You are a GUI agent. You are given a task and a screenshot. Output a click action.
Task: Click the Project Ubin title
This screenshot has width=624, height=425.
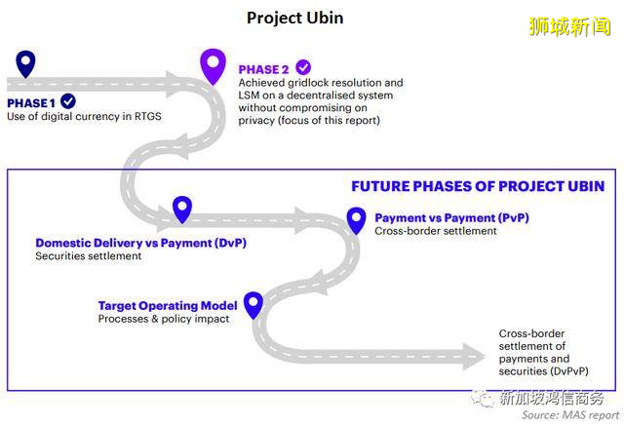tap(294, 18)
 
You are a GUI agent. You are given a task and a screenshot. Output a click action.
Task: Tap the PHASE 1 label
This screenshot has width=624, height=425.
tap(31, 102)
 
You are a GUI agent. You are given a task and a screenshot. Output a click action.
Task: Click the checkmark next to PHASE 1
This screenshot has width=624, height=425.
tap(68, 101)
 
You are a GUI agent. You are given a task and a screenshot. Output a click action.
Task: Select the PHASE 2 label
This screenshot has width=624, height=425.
tap(264, 69)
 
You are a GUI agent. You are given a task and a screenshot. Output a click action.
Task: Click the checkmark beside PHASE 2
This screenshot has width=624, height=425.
tap(303, 67)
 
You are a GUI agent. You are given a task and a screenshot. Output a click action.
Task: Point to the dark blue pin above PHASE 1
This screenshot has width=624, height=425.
tap(25, 63)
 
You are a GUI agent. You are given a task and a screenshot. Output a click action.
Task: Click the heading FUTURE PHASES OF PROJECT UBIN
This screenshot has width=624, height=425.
tap(477, 185)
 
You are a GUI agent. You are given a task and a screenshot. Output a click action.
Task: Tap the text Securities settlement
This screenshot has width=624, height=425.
tap(88, 256)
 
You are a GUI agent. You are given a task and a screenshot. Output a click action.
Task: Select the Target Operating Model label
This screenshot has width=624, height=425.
tap(167, 305)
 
